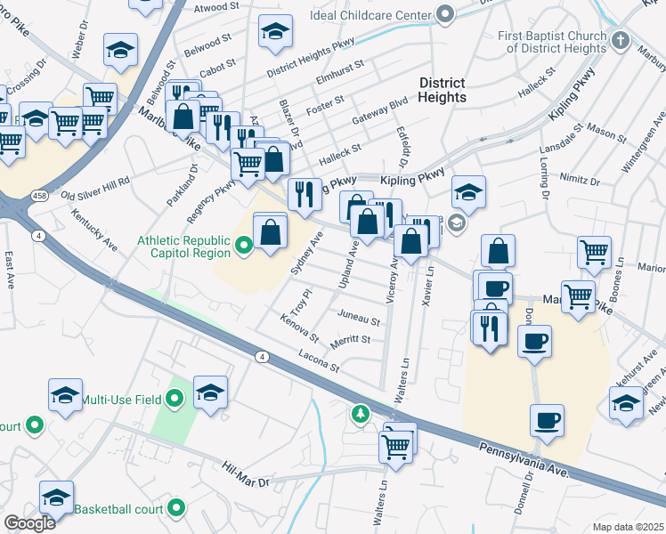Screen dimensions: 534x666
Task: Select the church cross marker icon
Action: [x=621, y=41]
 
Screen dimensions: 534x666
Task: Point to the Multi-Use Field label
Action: [x=123, y=400]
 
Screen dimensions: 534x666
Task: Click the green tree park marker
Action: [x=360, y=413]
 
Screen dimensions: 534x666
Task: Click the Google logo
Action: [x=29, y=523]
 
